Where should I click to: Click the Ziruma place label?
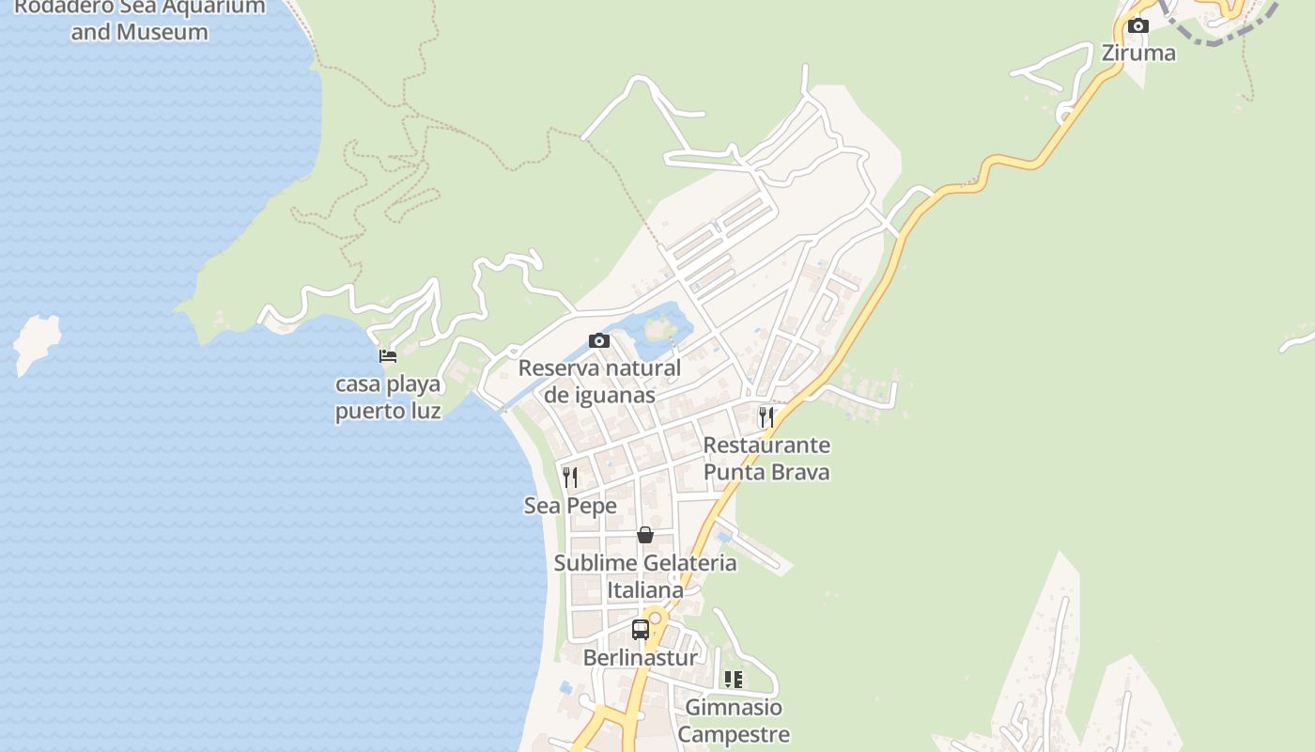click(1137, 53)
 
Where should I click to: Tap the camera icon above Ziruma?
click(1137, 25)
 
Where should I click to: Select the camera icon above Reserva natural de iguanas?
click(599, 340)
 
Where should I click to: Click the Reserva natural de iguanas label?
click(599, 381)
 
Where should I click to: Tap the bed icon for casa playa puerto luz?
click(387, 356)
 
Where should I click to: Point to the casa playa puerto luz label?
click(388, 398)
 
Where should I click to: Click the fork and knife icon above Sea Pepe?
click(569, 478)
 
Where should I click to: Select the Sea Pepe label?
click(570, 506)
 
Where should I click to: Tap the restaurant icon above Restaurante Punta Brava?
click(766, 416)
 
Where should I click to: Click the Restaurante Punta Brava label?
click(766, 458)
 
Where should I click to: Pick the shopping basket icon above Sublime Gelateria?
click(645, 535)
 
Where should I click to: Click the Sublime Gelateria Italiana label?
click(645, 576)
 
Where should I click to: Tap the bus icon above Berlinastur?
click(641, 630)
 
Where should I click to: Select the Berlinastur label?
click(641, 657)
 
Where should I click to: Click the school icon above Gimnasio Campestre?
click(734, 679)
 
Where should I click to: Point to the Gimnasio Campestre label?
click(734, 720)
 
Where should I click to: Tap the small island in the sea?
click(36, 340)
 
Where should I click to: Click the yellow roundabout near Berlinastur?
click(655, 619)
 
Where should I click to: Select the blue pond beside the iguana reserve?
click(663, 325)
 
